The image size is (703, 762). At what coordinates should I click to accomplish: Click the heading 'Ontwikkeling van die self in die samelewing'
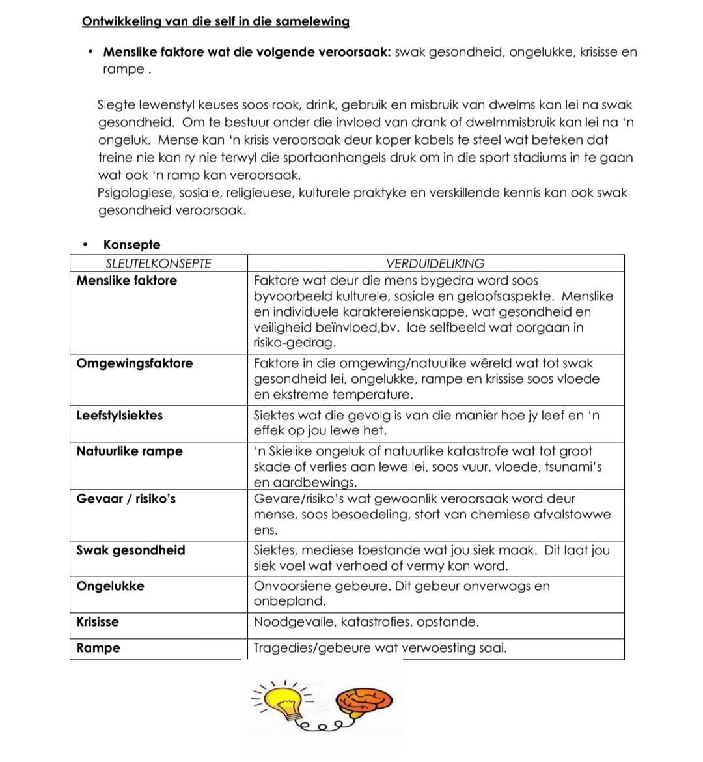215,21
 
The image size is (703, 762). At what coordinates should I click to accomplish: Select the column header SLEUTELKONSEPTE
158,264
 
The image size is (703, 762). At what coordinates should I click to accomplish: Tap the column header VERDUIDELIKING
435,264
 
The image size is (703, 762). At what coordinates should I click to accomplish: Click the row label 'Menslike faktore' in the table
126,281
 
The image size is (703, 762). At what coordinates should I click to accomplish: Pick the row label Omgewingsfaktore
135,363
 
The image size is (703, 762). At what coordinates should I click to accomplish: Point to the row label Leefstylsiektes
120,416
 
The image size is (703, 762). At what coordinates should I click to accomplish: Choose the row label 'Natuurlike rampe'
130,451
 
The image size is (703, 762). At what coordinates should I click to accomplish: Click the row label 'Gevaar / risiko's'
126,499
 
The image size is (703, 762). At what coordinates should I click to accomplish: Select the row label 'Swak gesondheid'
131,550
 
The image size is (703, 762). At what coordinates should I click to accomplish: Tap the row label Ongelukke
111,586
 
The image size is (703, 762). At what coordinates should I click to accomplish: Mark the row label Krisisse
98,622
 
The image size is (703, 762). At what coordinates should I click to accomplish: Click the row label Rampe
98,648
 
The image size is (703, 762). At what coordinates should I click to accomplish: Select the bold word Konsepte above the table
131,245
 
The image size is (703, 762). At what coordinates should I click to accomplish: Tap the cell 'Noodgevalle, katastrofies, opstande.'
366,622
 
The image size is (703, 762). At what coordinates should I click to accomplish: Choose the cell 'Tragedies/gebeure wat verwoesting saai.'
379,648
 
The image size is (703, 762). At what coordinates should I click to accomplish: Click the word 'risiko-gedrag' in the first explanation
294,343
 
